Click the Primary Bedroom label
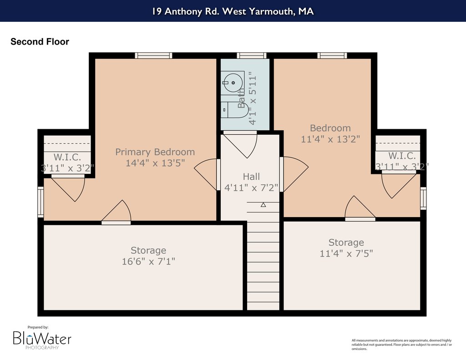coord(155,152)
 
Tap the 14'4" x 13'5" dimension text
coord(155,163)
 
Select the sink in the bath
coord(233,83)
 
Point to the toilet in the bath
coord(233,110)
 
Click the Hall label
coord(251,177)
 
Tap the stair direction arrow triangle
coord(263,205)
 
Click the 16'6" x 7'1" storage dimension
coord(148,261)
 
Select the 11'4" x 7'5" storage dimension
coord(346,254)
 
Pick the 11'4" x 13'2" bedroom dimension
coord(330,139)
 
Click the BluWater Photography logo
coord(42,338)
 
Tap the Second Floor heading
coord(40,41)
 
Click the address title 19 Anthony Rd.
coord(233,11)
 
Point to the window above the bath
coord(251,56)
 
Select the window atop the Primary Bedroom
coord(153,56)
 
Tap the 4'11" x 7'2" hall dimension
coord(251,188)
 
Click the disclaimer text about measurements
coord(401,345)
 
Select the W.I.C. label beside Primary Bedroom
coord(67,157)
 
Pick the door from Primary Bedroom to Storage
coord(116,212)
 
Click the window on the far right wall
coord(423,198)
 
